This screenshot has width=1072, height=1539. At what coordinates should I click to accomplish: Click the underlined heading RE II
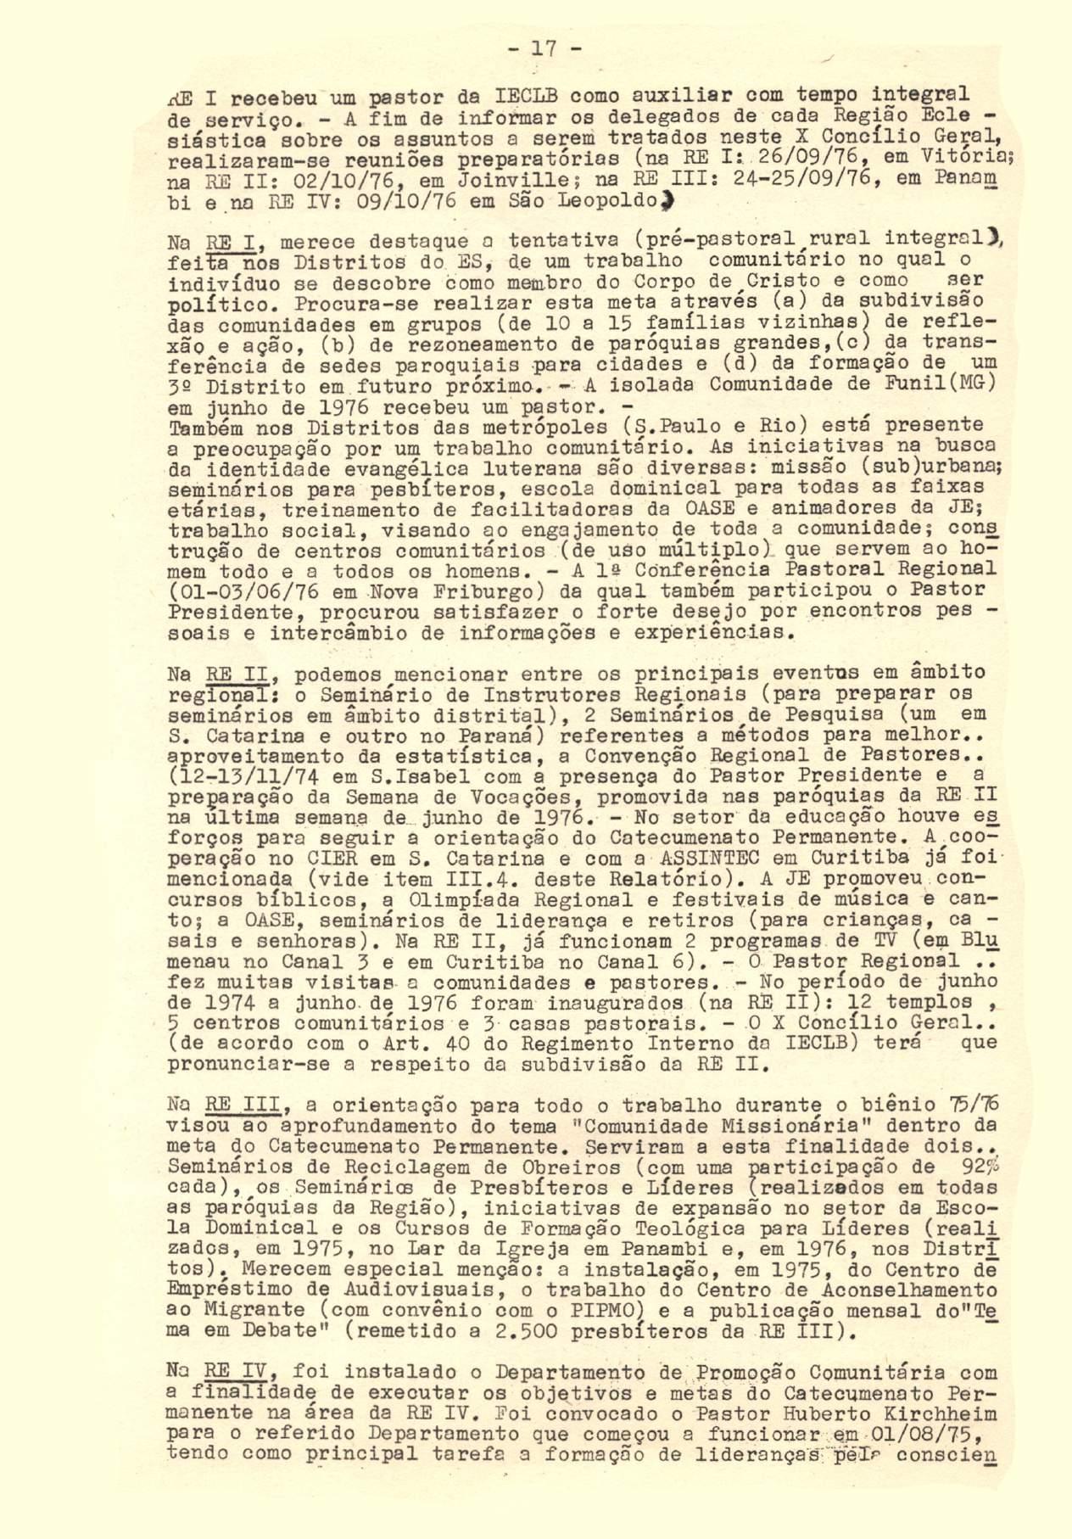point(237,674)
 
